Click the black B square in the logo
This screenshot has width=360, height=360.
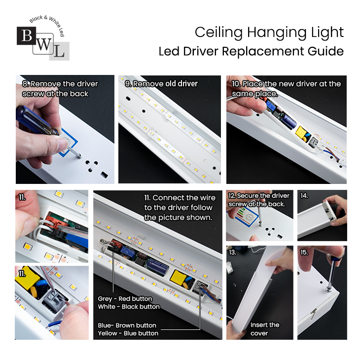(27, 36)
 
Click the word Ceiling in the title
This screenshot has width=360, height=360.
(218, 32)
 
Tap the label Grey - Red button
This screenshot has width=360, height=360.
(125, 299)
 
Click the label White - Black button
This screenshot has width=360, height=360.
(129, 307)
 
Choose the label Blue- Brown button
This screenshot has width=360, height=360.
(127, 325)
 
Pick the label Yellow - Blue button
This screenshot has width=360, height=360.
(128, 333)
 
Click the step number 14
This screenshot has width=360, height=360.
(304, 196)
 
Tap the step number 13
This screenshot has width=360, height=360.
(233, 252)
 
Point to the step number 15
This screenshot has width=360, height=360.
(304, 252)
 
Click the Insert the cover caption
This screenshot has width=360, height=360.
(265, 329)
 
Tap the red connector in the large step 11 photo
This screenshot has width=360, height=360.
(116, 245)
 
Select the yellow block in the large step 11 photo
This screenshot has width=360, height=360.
(178, 277)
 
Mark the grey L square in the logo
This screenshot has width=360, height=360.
(59, 51)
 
